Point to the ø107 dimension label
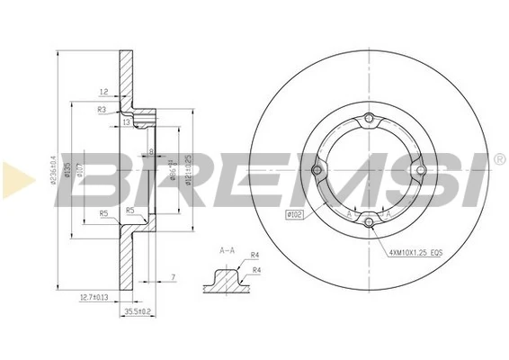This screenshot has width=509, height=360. point(81,169)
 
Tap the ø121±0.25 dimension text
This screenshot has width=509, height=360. point(188,167)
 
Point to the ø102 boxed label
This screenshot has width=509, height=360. point(294,214)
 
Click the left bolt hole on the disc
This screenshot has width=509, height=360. point(317,170)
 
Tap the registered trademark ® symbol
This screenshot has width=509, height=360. point(499,159)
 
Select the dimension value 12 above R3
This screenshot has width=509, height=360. point(104,92)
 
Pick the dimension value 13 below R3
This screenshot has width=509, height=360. point(127,121)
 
